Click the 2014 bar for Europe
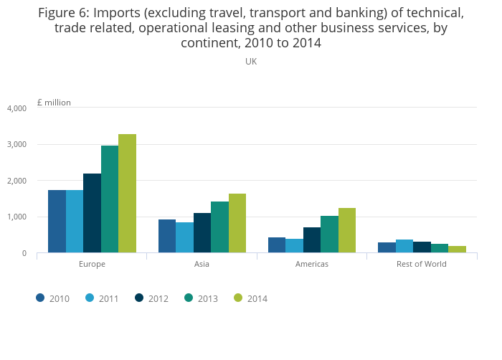[x=127, y=193]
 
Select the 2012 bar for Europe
[x=92, y=213]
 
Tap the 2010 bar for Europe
[x=57, y=221]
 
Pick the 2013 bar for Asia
[x=219, y=227]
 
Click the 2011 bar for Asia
[x=184, y=237]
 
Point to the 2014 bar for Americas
[x=347, y=230]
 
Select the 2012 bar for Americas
[x=312, y=240]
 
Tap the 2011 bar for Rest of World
[x=404, y=246]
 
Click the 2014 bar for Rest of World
[x=457, y=249]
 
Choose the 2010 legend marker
[x=41, y=298]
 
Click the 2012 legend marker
[x=140, y=298]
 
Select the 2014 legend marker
[x=239, y=298]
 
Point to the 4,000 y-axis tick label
[x=16, y=108]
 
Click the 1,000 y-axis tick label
[x=16, y=217]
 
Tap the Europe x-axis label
[x=92, y=264]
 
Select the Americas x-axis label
[x=312, y=264]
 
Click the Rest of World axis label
[x=422, y=264]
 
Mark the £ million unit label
[x=54, y=103]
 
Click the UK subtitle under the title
[x=251, y=62]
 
